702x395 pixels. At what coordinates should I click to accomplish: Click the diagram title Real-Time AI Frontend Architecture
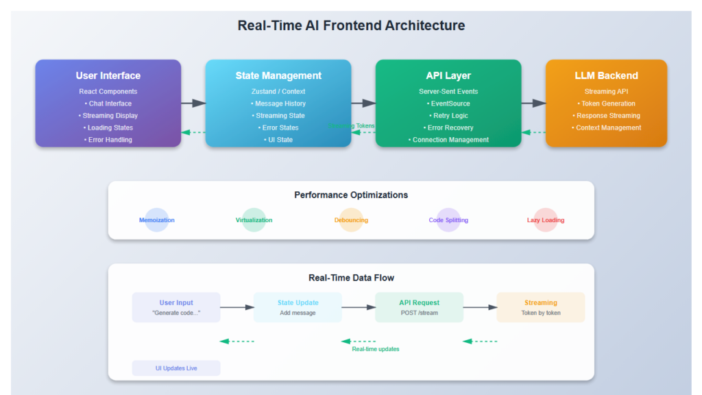(351, 26)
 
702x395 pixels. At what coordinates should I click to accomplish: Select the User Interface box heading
(108, 75)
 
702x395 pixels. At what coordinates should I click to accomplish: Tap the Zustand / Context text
(278, 91)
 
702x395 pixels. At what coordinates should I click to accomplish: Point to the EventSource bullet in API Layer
(448, 104)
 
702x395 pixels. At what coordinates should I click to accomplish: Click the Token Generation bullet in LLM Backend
(606, 104)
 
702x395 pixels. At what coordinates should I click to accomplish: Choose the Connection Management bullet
(448, 140)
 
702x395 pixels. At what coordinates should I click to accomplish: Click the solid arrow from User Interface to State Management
(193, 103)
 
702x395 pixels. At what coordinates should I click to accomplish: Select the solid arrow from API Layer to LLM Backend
(533, 103)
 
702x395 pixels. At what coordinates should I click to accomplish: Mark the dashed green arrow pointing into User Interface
(193, 132)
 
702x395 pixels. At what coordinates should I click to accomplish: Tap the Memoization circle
(157, 220)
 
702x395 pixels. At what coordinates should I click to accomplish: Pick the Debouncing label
(351, 220)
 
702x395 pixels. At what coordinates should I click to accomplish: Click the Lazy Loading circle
(545, 220)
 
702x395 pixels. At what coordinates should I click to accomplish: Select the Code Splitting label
(448, 220)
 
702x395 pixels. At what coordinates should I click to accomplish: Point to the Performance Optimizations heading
(351, 195)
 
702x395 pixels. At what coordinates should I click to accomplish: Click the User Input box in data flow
(176, 307)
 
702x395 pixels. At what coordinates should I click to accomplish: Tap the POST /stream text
(419, 313)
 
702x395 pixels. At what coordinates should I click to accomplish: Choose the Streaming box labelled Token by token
(540, 307)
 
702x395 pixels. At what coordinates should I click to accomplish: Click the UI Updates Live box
(176, 368)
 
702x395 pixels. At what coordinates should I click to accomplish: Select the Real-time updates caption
(376, 349)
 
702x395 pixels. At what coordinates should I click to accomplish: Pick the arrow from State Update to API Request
(359, 307)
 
